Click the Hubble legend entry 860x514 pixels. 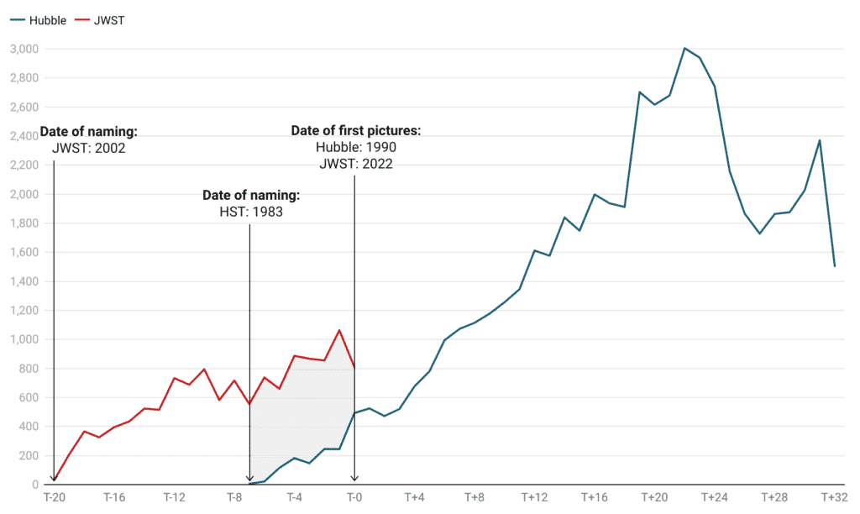(47, 19)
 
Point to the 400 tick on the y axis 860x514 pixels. (29, 427)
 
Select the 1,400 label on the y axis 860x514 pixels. (24, 281)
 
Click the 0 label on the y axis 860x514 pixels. (35, 485)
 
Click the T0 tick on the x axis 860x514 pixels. (354, 498)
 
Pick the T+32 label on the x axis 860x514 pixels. (832, 498)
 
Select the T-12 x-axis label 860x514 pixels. (175, 498)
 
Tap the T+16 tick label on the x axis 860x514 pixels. (593, 498)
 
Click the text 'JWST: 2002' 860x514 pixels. (88, 148)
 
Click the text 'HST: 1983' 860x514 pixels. (250, 212)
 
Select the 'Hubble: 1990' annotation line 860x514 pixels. (355, 148)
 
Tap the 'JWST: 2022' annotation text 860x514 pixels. (355, 164)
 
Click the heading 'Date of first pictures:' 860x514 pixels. (355, 132)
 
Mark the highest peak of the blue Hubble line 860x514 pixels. (685, 48)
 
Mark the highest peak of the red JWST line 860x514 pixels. (338, 330)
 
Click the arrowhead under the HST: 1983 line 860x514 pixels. (250, 480)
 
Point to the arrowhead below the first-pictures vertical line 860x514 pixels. (354, 480)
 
